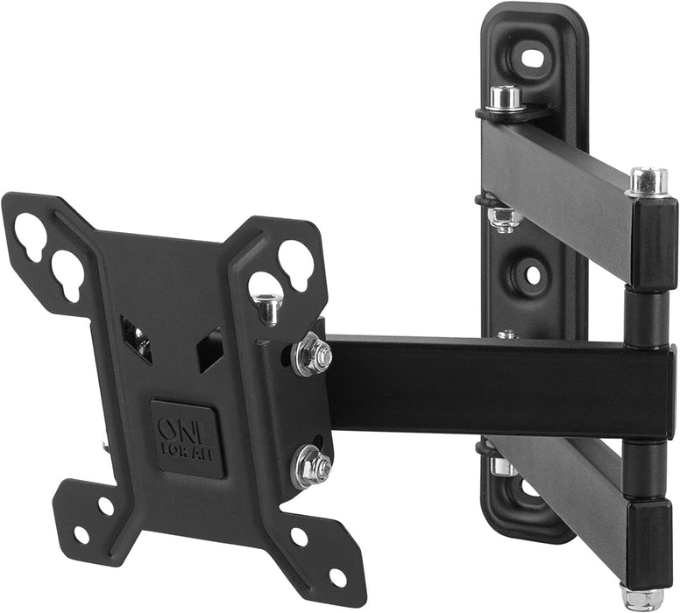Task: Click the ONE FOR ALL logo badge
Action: pyautogui.click(x=187, y=438)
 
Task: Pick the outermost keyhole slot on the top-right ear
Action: pyautogui.click(x=295, y=261)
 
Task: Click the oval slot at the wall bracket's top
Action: pyautogui.click(x=532, y=59)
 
